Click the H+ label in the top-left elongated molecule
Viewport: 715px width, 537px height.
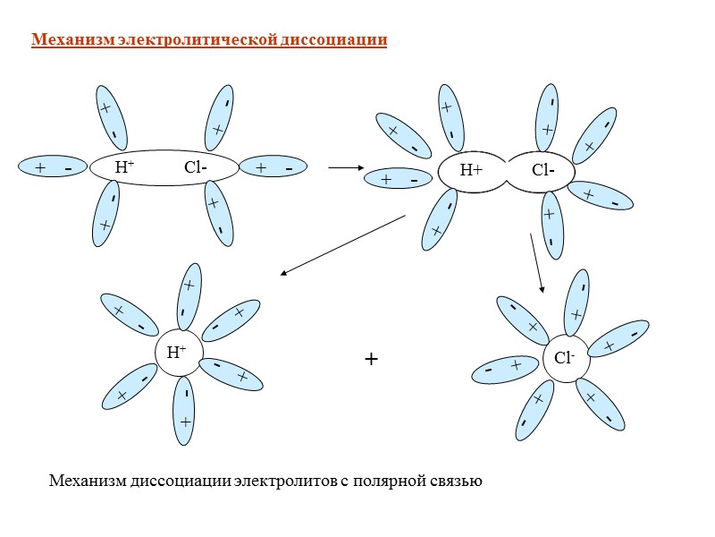tap(124, 167)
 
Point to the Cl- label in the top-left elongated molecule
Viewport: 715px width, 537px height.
tap(196, 167)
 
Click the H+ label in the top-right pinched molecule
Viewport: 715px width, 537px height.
tap(471, 170)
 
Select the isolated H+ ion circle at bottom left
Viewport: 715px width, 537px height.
tap(179, 352)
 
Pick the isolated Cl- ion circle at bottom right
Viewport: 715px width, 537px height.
tap(566, 358)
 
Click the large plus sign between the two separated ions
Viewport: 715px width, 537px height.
tap(372, 360)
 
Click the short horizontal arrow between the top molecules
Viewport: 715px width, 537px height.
tap(345, 167)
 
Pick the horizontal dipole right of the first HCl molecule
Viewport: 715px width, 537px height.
tap(273, 168)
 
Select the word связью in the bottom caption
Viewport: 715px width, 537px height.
tap(458, 482)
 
